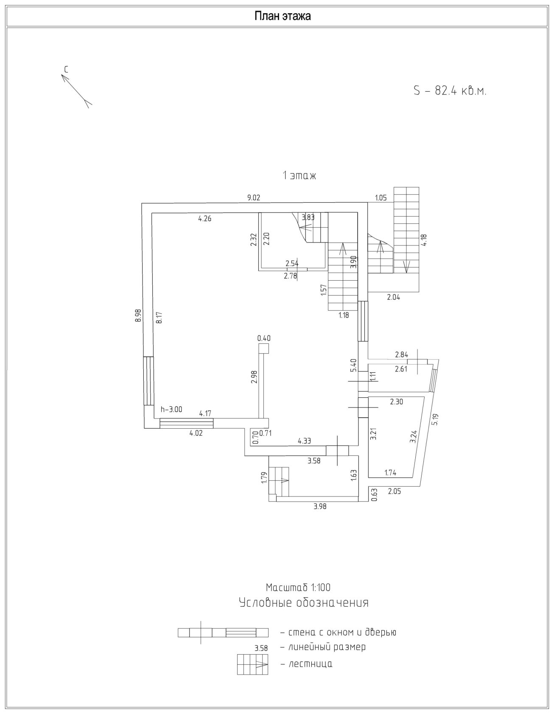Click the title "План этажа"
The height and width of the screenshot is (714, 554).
click(283, 16)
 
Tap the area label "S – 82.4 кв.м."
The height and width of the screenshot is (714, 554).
click(450, 91)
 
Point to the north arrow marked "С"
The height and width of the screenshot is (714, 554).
click(76, 89)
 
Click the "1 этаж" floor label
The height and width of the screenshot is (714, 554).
click(299, 176)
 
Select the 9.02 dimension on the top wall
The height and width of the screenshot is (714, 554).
click(254, 197)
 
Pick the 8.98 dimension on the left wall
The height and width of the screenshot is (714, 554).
click(137, 316)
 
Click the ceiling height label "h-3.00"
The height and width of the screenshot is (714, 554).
click(171, 409)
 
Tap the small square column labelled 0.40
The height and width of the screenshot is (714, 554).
click(264, 348)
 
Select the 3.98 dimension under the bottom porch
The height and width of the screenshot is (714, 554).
click(320, 506)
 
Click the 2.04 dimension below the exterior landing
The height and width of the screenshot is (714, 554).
click(393, 298)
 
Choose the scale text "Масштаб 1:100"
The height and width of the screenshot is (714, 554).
click(298, 588)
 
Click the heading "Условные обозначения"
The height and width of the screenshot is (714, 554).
click(304, 602)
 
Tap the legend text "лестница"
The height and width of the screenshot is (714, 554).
click(310, 664)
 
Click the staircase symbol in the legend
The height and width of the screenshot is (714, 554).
click(253, 664)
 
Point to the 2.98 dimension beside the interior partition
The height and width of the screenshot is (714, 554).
click(254, 377)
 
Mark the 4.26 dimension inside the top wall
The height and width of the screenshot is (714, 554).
click(204, 219)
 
